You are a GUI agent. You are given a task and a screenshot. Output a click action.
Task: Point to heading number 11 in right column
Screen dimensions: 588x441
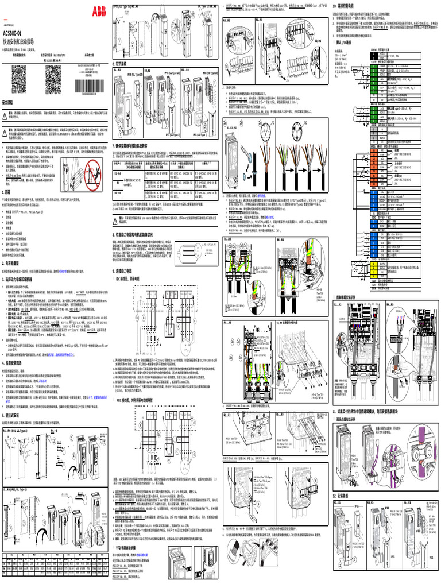tap(335, 411)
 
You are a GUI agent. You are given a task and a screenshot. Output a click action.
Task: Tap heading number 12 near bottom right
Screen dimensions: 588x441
tap(335, 496)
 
